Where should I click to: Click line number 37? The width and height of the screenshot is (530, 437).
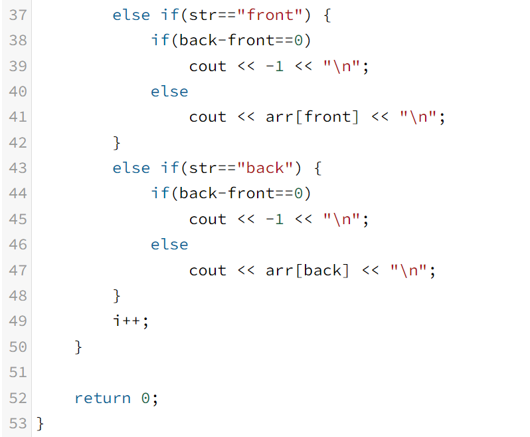17,15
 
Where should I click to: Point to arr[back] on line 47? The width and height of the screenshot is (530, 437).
308,271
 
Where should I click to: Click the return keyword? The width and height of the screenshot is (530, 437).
102,398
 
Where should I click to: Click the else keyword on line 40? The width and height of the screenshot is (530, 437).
169,92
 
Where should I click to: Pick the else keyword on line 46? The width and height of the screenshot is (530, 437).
169,245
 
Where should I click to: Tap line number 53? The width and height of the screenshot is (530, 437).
17,424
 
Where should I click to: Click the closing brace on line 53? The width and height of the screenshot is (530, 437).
40,424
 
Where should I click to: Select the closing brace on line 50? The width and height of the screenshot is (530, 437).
78,347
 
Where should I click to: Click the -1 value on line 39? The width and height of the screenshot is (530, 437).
274,67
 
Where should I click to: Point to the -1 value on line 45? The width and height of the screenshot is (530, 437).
274,219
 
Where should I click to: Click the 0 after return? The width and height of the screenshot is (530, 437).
145,398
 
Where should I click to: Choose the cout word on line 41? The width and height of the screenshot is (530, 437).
208,117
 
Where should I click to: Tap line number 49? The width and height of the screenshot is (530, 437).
17,321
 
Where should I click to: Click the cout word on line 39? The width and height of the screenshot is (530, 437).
208,67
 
